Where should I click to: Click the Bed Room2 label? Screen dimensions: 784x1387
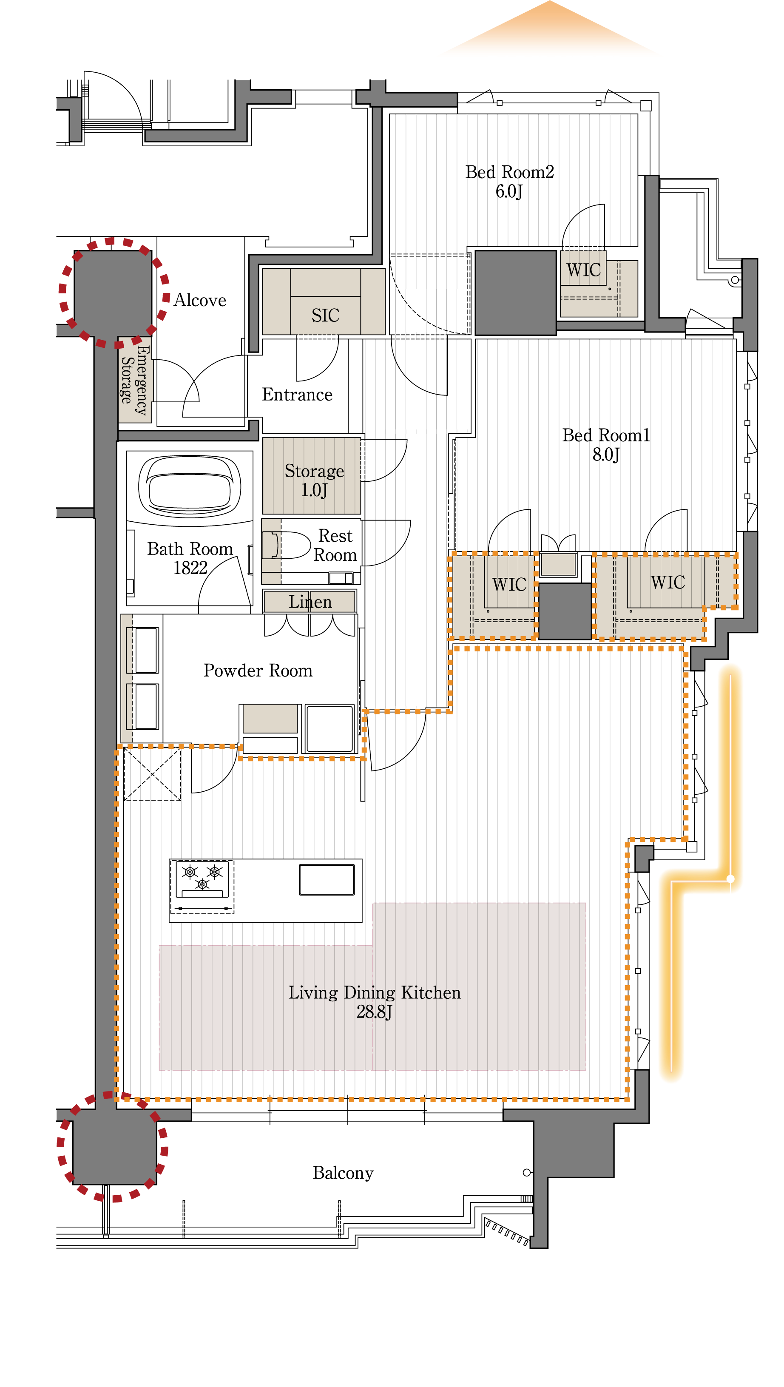(x=509, y=182)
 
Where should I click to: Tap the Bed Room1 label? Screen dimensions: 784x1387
(x=606, y=444)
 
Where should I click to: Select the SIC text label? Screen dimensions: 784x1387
(x=325, y=315)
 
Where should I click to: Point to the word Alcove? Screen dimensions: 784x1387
(x=200, y=300)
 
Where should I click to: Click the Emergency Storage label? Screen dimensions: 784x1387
(x=134, y=380)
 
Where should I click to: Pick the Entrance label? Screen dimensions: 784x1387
(x=297, y=395)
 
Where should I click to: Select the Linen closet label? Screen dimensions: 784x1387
(x=310, y=601)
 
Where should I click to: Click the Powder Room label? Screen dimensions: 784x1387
(x=258, y=671)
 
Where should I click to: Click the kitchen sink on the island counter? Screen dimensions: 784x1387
(x=327, y=879)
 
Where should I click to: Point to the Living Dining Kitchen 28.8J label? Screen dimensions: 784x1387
(x=375, y=1002)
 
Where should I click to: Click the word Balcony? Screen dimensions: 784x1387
(x=343, y=1173)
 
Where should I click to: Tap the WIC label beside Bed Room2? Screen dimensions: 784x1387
(x=583, y=270)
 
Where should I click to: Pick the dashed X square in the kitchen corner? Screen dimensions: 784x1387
(x=152, y=774)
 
